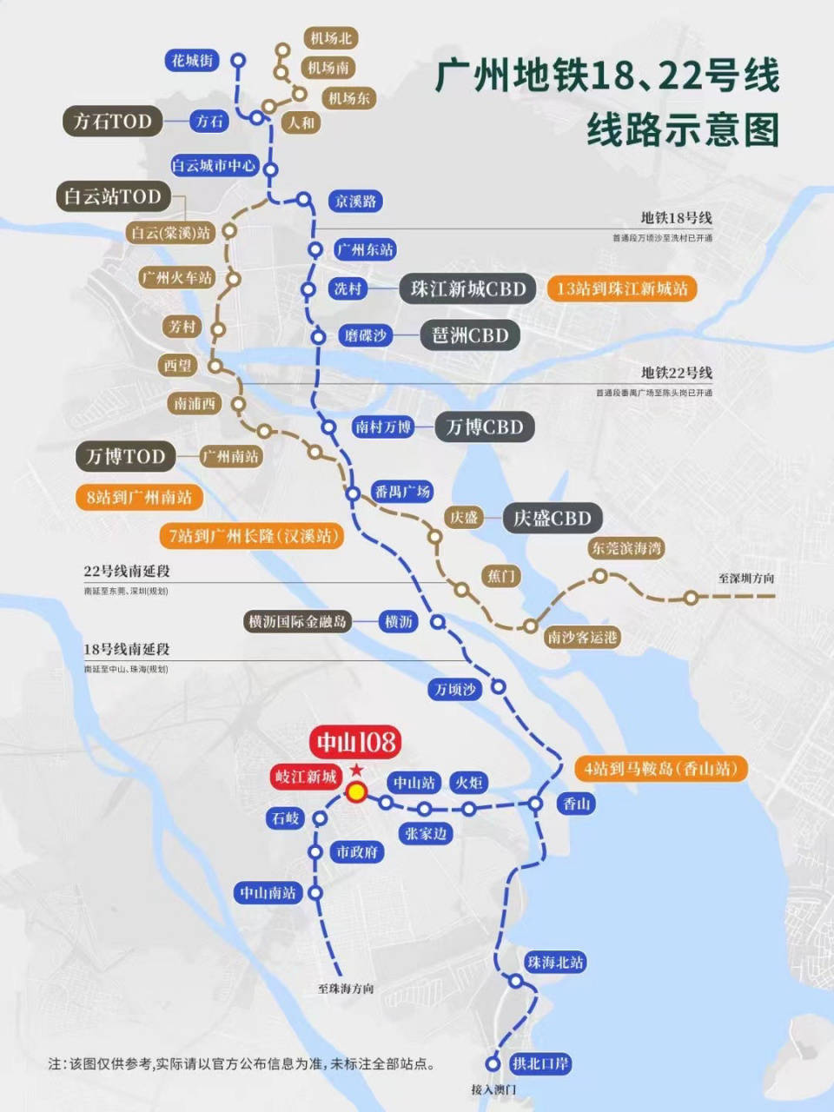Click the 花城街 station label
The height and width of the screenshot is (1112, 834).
click(192, 60)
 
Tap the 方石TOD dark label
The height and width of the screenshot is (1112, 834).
click(112, 122)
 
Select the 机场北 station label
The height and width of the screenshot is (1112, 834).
click(331, 38)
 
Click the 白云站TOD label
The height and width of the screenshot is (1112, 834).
click(113, 196)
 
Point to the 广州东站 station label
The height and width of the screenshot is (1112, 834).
click(365, 249)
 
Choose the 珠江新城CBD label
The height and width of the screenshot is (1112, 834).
click(468, 289)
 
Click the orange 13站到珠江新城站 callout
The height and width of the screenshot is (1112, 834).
click(622, 288)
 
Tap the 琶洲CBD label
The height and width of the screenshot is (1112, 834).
click(470, 335)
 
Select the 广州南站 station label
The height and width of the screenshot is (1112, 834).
click(230, 456)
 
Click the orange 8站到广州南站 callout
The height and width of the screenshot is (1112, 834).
click(139, 498)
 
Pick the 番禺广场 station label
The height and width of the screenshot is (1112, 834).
click(401, 492)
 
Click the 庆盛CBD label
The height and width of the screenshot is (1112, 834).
click(552, 519)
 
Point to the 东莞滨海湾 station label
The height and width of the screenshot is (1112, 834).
click(626, 548)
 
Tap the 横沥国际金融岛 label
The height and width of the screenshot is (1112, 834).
click(297, 621)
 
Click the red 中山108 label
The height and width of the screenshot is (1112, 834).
click(355, 742)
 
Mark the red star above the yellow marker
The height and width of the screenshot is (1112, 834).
click(356, 771)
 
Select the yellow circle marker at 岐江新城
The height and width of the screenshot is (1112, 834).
click(356, 791)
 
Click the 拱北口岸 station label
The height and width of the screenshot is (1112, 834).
click(540, 1063)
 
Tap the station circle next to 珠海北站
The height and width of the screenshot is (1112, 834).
click(515, 982)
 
